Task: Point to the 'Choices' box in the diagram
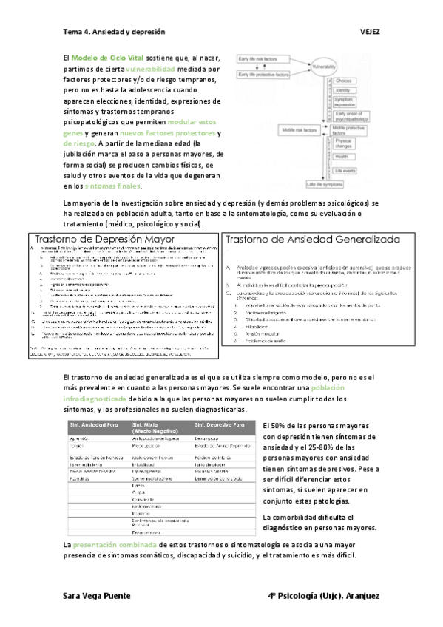(344, 80)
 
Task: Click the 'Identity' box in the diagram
(344, 89)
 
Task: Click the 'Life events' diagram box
(345, 169)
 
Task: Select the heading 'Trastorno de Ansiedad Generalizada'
(312, 240)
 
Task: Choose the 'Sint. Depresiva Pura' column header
(220, 426)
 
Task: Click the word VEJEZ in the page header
(370, 33)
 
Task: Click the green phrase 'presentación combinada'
(113, 545)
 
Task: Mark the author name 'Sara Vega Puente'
(97, 595)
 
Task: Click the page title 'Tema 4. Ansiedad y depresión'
(114, 33)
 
